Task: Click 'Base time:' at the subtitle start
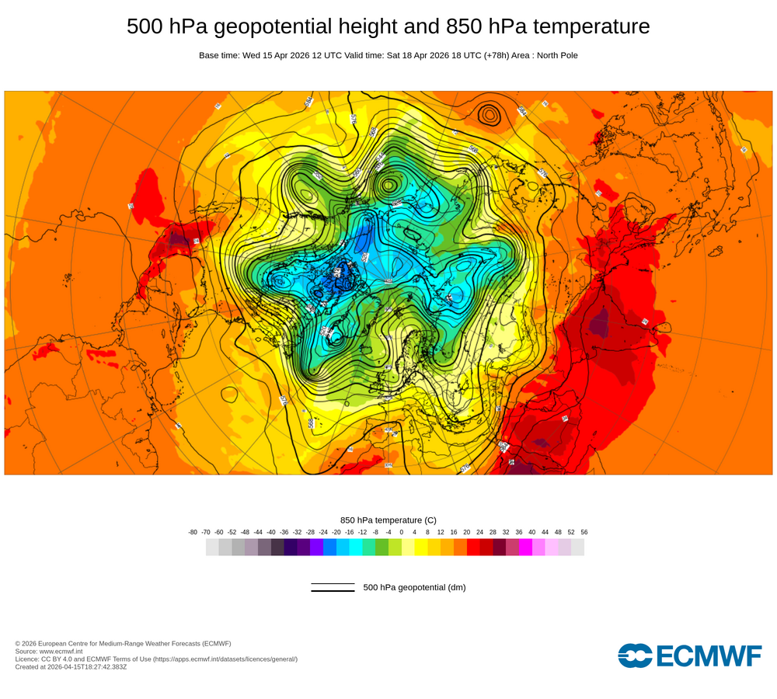coord(219,55)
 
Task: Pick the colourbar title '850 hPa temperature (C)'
coord(388,520)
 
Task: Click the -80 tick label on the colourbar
coord(193,532)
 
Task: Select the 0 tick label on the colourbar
coord(402,532)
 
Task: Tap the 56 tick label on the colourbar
coord(584,532)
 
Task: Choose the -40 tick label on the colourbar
coord(271,532)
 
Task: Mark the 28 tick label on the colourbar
coord(493,532)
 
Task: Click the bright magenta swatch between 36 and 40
coord(525,548)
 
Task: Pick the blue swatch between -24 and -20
coord(329,548)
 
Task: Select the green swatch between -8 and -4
coord(382,548)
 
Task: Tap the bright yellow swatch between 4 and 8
coord(421,548)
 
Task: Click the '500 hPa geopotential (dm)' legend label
coord(414,587)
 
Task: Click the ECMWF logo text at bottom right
coord(709,656)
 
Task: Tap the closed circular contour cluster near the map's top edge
coord(490,114)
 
